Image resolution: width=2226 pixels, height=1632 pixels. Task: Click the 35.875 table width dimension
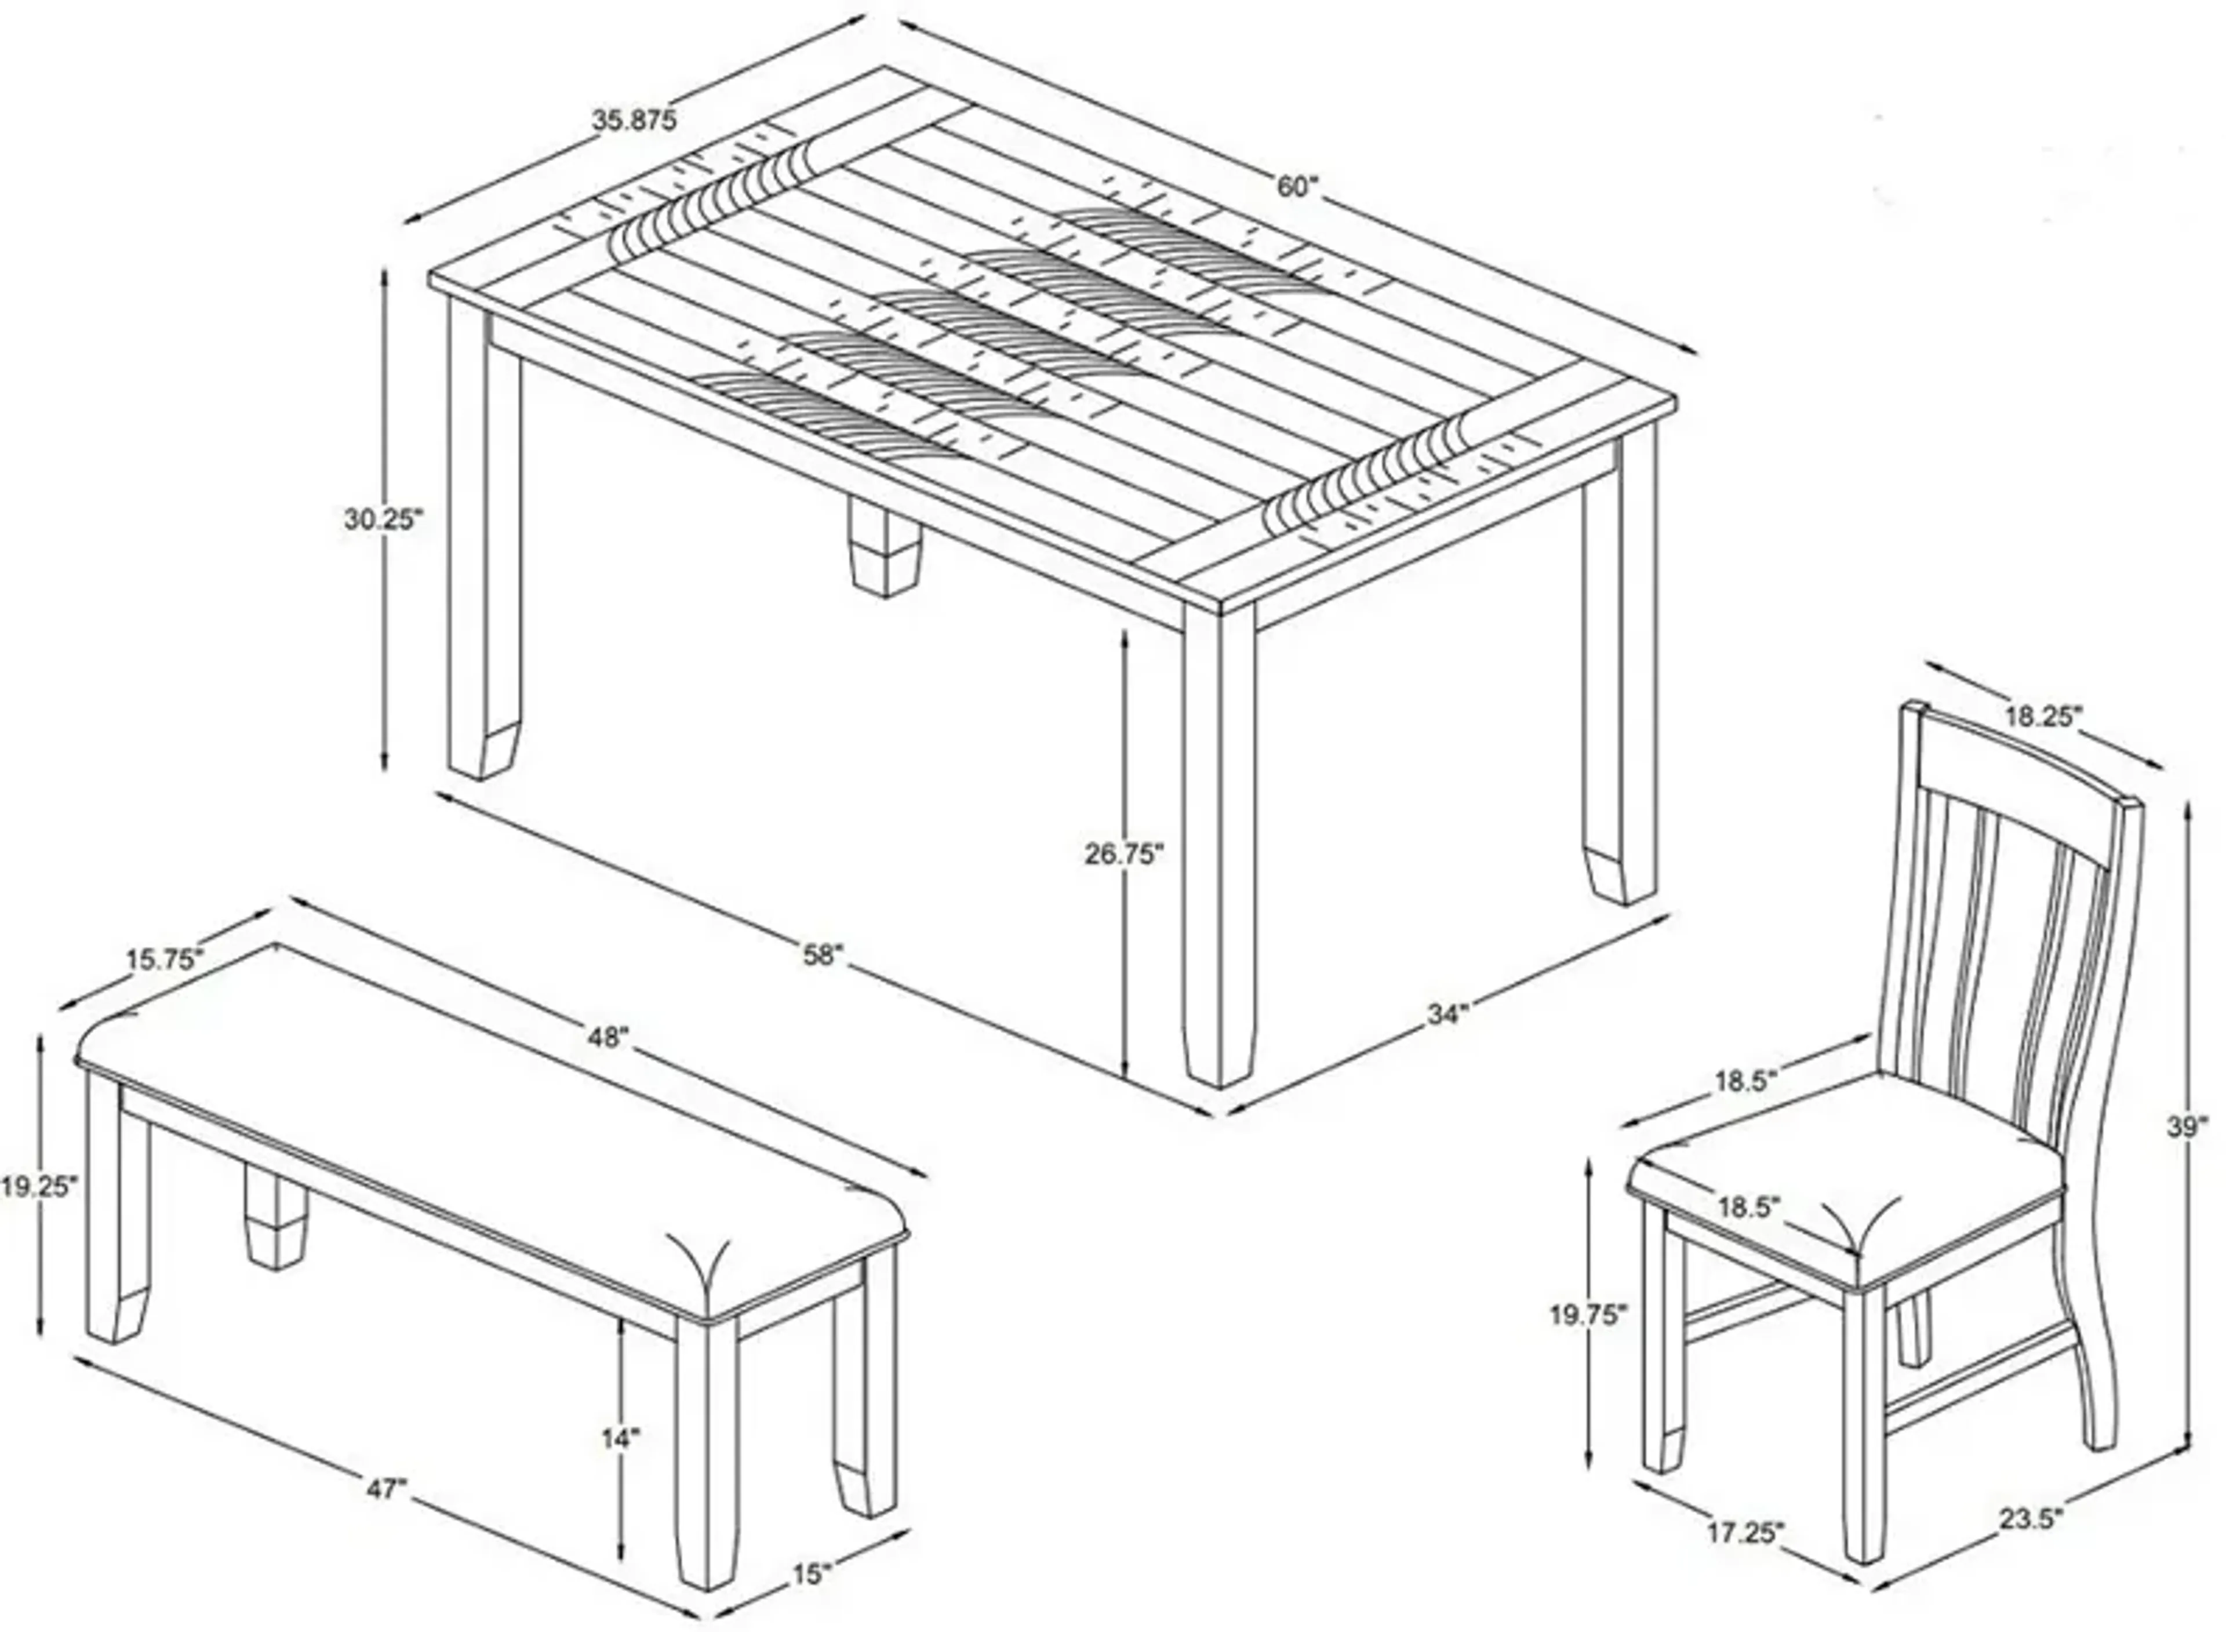pyautogui.click(x=634, y=121)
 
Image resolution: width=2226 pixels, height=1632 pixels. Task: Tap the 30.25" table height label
pyautogui.click(x=382, y=519)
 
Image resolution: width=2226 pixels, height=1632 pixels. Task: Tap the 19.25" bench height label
pyautogui.click(x=38, y=1186)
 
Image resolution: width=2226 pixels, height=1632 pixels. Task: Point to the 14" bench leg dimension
pyautogui.click(x=621, y=1440)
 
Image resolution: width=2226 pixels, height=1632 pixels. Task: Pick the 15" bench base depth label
pyautogui.click(x=812, y=1573)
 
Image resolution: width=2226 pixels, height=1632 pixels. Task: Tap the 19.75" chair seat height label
pyautogui.click(x=1586, y=1315)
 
